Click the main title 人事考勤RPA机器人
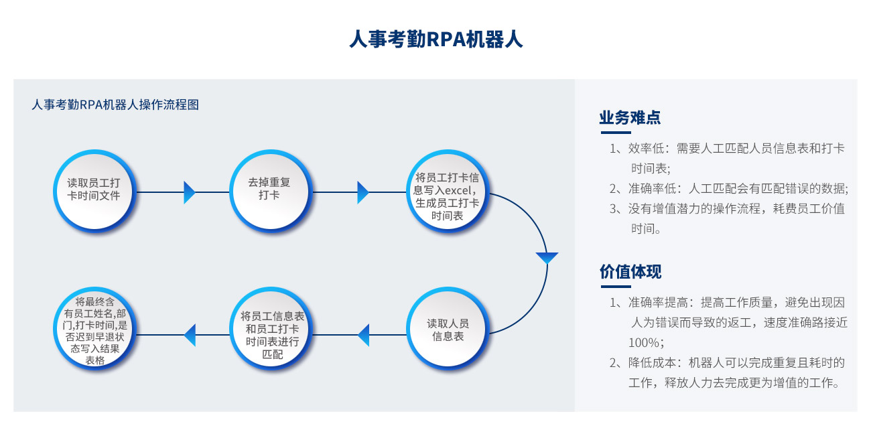pos(435,40)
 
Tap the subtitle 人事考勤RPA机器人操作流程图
pos(115,104)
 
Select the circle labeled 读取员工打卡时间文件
pos(94,191)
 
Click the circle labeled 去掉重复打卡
pos(271,191)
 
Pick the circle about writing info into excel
pos(447,191)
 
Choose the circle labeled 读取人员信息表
pos(447,328)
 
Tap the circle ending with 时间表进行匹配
pos(271,328)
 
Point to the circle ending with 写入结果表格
pos(94,328)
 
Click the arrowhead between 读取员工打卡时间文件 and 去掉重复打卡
pos(190,192)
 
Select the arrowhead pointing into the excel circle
pos(362,192)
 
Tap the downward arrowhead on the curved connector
pos(547,258)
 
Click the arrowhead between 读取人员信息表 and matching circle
pos(363,335)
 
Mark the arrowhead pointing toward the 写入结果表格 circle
pos(190,335)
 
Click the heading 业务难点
pos(630,117)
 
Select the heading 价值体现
pos(630,271)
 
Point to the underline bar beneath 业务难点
pos(616,133)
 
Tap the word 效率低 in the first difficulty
pos(647,148)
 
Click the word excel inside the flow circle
pos(458,190)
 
